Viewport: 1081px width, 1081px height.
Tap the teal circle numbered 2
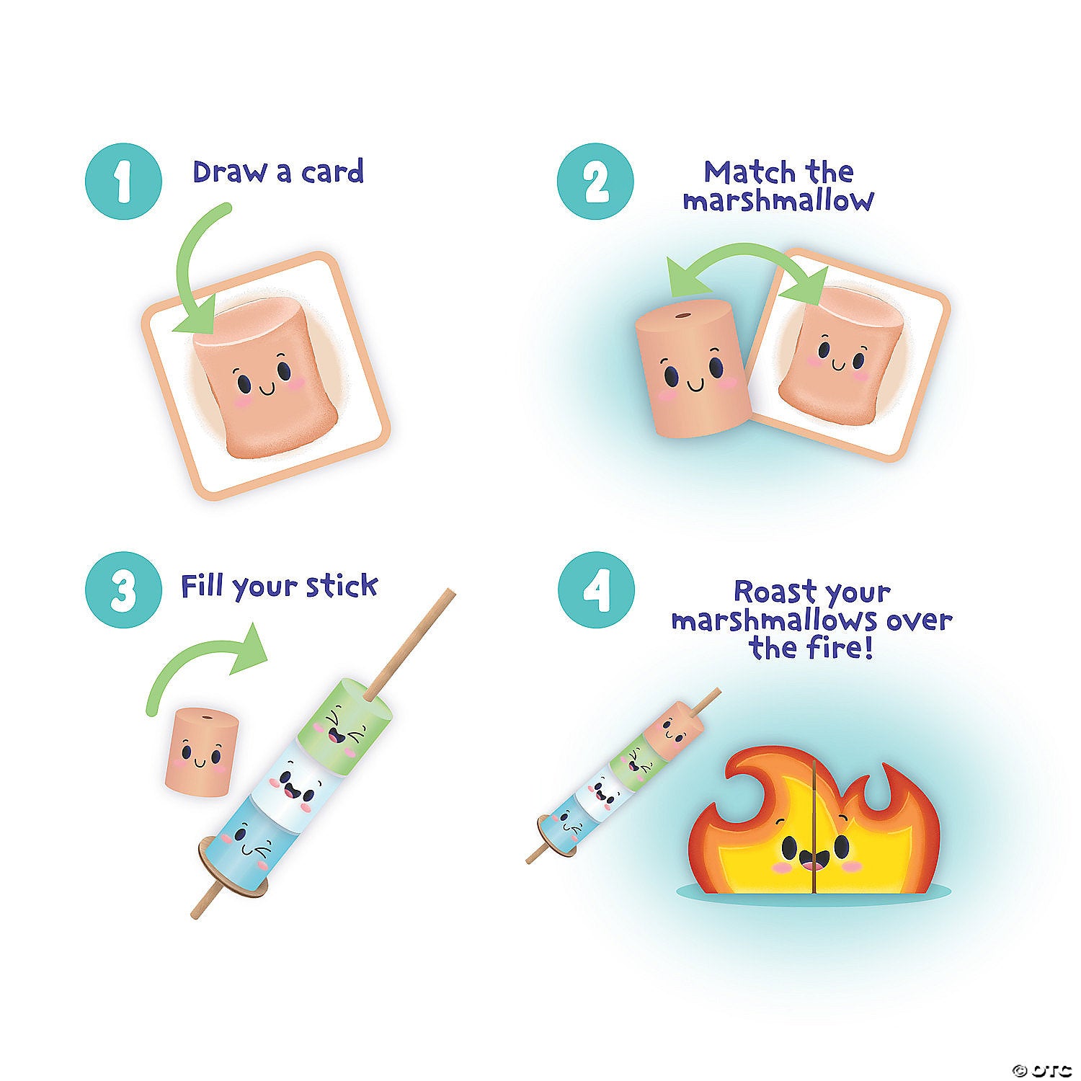click(x=595, y=182)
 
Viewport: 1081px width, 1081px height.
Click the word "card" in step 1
click(x=332, y=172)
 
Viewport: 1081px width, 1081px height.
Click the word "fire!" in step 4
click(x=840, y=647)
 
